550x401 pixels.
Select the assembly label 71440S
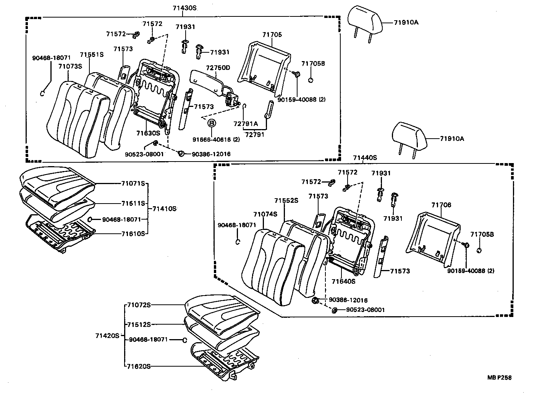pos(365,157)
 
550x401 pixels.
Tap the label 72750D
pos(218,68)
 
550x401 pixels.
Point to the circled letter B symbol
pos(212,123)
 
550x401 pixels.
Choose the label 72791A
pos(246,124)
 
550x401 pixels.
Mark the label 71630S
pos(148,133)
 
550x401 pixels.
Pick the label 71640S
pos(343,281)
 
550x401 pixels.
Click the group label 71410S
pos(164,209)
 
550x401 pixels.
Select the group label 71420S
pos(107,336)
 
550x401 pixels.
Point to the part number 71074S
pos(265,214)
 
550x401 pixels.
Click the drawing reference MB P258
pos(499,377)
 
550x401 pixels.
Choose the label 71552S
pos(286,200)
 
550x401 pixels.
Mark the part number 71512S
pos(139,325)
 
